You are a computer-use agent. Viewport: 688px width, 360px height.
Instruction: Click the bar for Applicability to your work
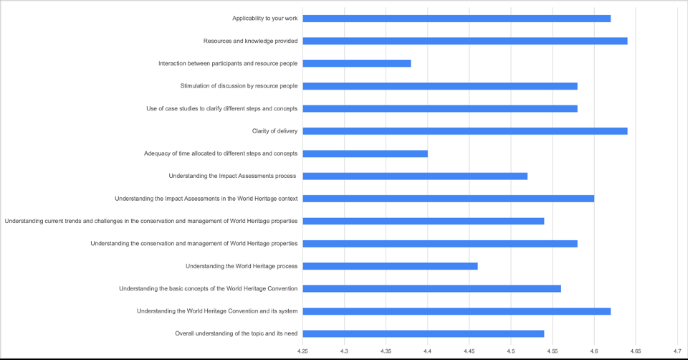(457, 19)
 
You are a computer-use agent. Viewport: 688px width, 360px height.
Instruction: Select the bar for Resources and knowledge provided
(465, 41)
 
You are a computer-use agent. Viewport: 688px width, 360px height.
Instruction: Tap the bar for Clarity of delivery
(465, 131)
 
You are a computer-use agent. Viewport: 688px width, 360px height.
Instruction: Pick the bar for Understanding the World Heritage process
(390, 266)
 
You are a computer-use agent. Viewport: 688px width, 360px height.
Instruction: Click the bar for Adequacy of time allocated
(365, 153)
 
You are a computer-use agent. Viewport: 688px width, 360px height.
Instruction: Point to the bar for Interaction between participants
(357, 64)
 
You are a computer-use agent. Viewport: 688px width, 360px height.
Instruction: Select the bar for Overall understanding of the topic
(424, 333)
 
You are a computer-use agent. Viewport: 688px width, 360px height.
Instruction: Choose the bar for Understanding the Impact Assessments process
(415, 176)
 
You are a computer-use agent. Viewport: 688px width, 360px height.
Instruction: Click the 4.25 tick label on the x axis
(303, 351)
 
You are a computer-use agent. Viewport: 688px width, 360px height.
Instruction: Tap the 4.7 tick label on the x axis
(677, 351)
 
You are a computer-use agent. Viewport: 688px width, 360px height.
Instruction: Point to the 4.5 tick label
(510, 351)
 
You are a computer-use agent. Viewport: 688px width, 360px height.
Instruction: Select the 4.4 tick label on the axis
(427, 351)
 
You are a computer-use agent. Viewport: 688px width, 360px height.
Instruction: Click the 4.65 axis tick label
(636, 351)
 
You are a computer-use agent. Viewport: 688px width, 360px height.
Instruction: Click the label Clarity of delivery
(274, 131)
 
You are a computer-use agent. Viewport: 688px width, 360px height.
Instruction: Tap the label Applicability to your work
(264, 19)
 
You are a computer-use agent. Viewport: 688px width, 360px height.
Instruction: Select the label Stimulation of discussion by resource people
(239, 86)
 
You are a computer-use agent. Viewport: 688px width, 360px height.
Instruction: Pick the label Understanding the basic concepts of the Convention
(208, 289)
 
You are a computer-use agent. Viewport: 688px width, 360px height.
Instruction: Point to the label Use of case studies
(221, 109)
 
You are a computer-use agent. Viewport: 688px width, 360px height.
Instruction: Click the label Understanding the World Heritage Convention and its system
(217, 311)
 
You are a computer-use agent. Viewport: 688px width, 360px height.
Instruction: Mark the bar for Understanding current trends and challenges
(424, 221)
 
